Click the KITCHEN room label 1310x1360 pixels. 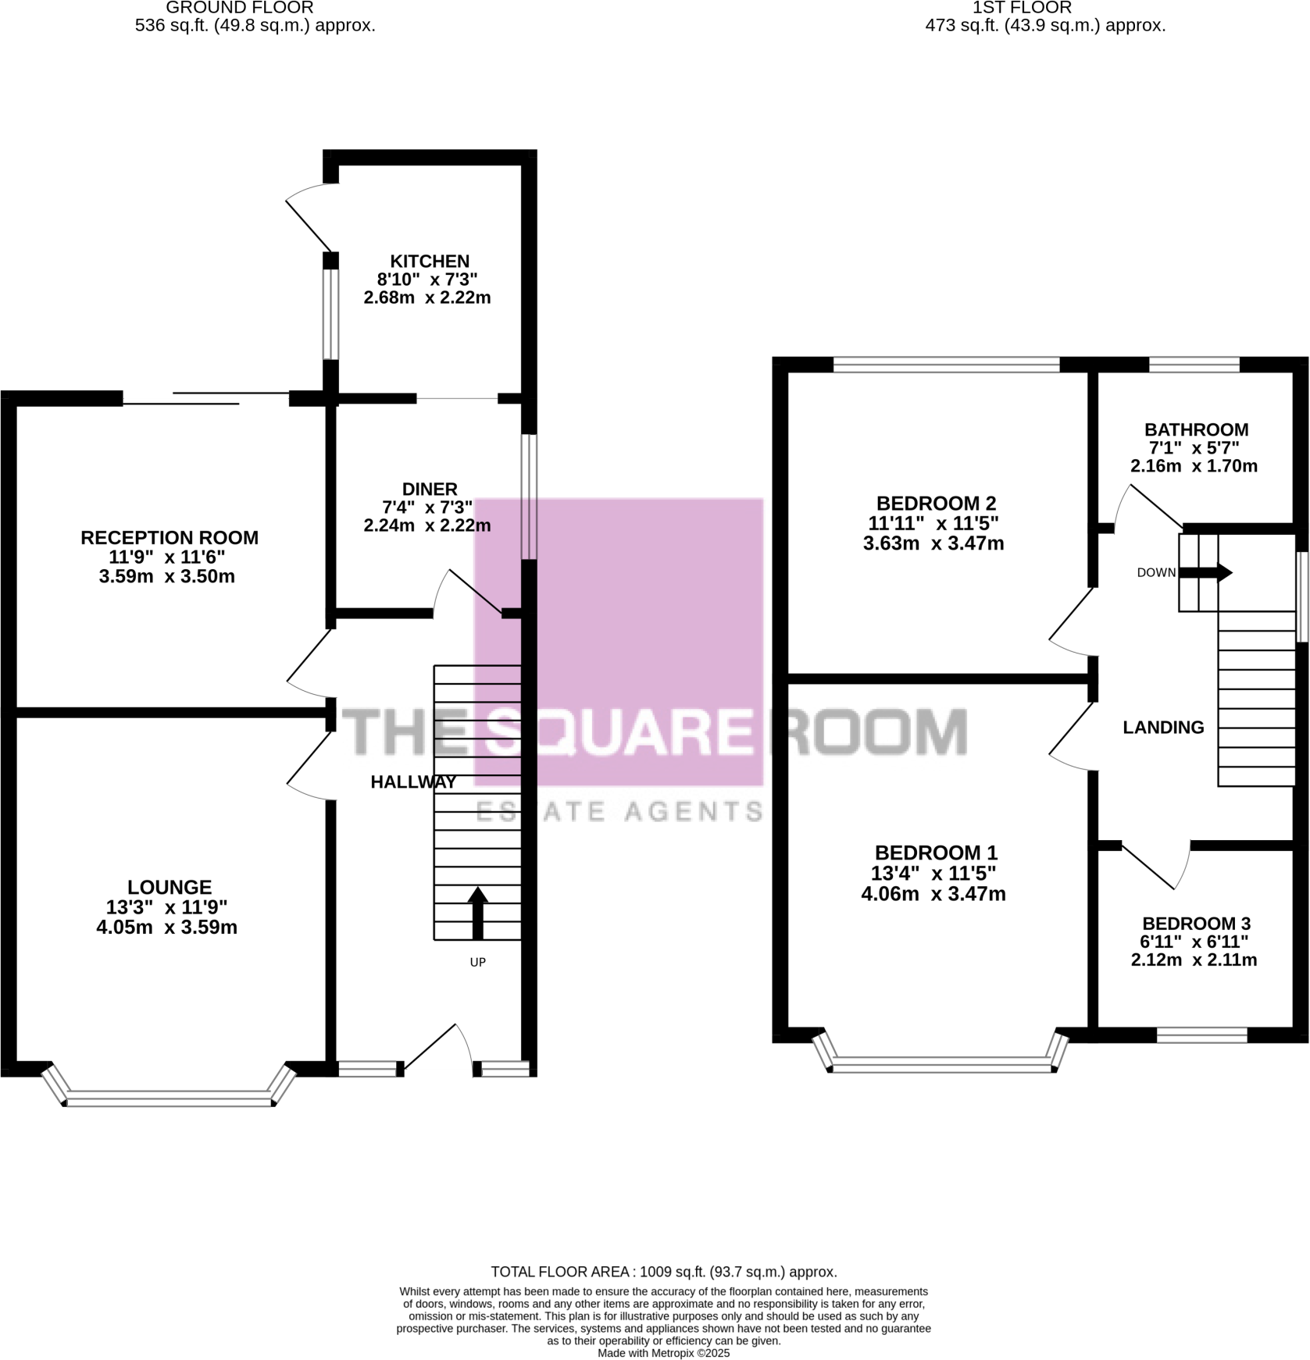point(430,262)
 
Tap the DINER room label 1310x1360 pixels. point(430,490)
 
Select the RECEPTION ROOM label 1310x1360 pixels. point(170,538)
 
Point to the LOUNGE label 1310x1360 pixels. point(170,887)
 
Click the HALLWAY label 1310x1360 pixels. point(413,782)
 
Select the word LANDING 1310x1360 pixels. point(1163,728)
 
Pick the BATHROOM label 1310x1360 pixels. point(1196,429)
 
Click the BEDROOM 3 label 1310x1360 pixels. point(1196,924)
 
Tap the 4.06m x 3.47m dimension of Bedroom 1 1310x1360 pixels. point(933,894)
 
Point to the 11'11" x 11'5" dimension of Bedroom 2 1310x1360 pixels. point(933,523)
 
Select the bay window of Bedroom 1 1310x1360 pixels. point(941,1063)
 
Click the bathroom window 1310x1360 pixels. point(1194,364)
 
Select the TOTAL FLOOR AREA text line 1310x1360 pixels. point(663,1272)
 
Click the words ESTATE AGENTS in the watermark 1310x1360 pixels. point(619,812)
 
